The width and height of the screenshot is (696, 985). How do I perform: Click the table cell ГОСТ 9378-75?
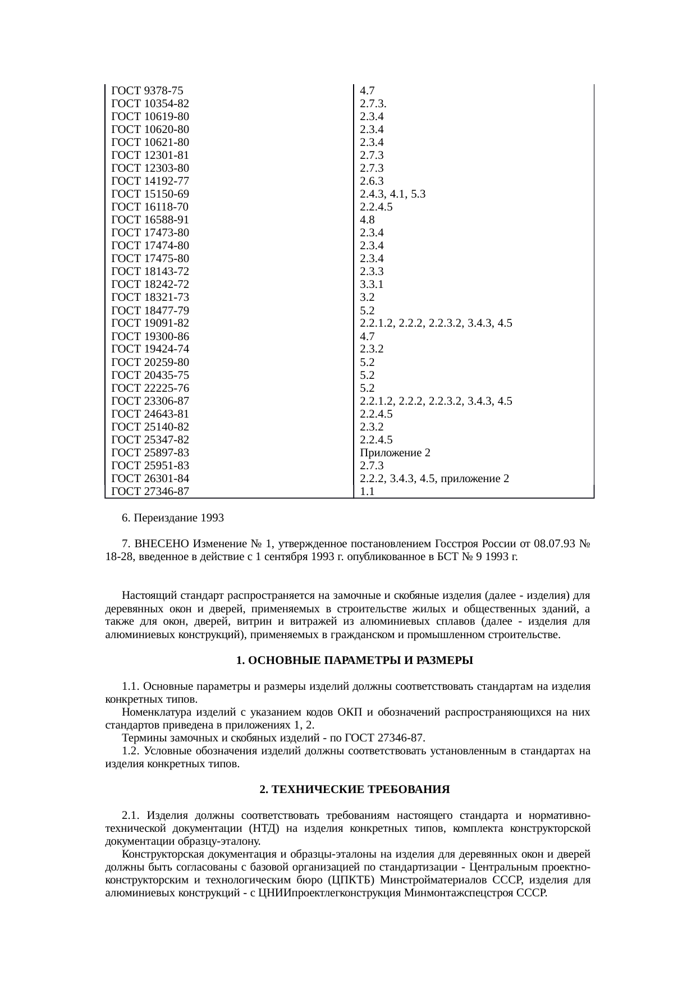pos(148,91)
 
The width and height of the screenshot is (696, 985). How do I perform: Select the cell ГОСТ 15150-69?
pos(150,194)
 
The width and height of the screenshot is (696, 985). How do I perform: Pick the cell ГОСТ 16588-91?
pos(150,220)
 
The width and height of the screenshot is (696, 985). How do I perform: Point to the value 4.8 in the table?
pos(367,220)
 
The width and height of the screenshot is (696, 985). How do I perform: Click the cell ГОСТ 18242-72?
pos(150,285)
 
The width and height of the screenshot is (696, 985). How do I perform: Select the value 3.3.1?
pos(372,285)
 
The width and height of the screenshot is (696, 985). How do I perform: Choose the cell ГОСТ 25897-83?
pos(150,453)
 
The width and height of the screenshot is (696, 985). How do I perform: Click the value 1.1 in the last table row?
pos(367,492)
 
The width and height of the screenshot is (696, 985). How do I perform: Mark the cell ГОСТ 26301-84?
pos(150,479)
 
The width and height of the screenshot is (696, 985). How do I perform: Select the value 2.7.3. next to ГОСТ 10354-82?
pos(373,104)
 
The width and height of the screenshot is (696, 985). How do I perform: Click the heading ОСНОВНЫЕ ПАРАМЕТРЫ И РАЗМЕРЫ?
pos(355,661)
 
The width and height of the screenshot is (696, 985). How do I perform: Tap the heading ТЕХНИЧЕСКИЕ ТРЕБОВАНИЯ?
pos(355,790)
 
